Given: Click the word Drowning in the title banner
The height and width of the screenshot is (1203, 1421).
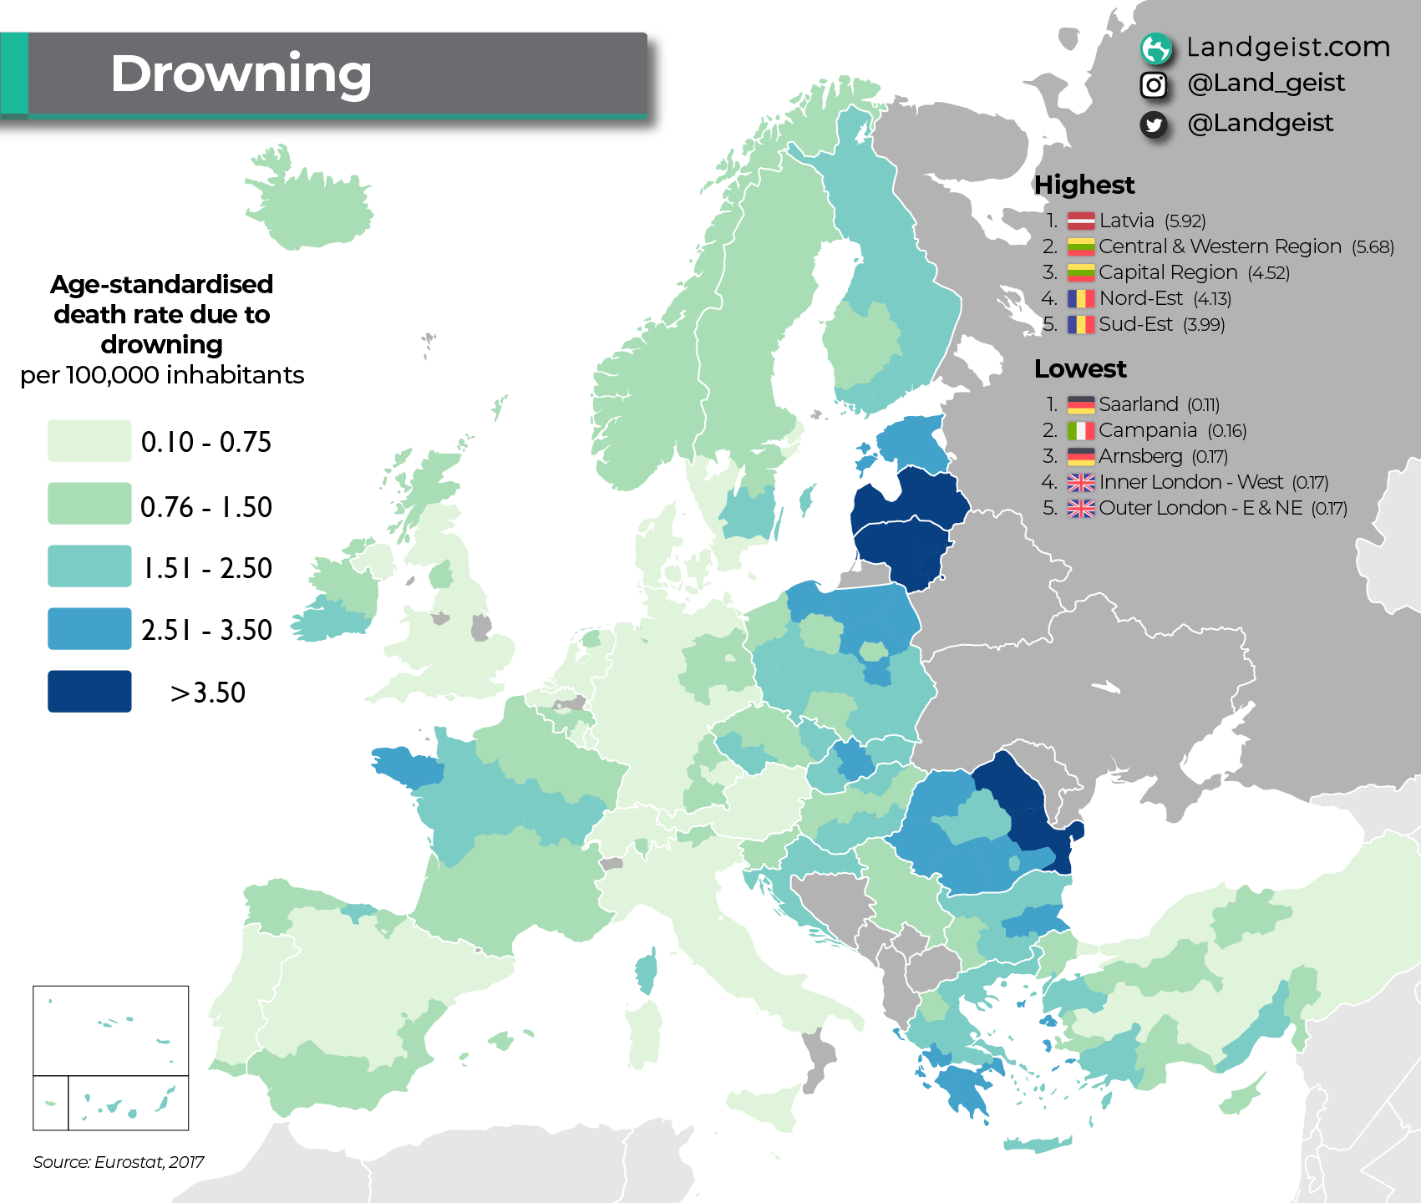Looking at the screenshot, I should pyautogui.click(x=241, y=74).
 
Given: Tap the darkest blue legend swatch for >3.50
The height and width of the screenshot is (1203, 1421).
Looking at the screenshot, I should pyautogui.click(x=89, y=691).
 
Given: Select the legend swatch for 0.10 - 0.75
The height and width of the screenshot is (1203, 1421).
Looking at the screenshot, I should pyautogui.click(x=89, y=441).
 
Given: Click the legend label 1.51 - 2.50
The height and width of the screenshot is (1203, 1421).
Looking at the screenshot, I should pyautogui.click(x=207, y=568).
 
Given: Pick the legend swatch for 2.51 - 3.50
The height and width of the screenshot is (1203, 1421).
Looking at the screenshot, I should pyautogui.click(x=89, y=629).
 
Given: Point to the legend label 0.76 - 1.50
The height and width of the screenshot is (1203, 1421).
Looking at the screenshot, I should pyautogui.click(x=206, y=507).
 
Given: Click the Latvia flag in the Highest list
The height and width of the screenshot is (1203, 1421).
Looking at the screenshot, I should pyautogui.click(x=1081, y=221).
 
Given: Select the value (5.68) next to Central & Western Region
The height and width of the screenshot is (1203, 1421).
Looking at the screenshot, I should pyautogui.click(x=1373, y=247).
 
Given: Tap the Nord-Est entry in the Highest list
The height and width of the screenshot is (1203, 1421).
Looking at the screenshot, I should pyautogui.click(x=1140, y=298).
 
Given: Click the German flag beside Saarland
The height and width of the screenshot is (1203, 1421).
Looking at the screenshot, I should pyautogui.click(x=1081, y=405).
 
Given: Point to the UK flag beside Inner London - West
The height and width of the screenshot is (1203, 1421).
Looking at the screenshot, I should pyautogui.click(x=1081, y=483).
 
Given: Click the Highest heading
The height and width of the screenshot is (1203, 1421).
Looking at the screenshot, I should pyautogui.click(x=1084, y=185).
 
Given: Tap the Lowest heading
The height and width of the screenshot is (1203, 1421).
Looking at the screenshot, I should pyautogui.click(x=1080, y=368).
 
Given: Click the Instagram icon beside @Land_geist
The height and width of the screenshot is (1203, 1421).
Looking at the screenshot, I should pyautogui.click(x=1154, y=84).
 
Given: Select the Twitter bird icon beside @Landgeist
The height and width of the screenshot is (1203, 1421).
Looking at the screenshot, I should pyautogui.click(x=1154, y=124).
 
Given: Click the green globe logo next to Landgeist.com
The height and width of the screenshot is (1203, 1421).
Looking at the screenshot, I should pyautogui.click(x=1156, y=48).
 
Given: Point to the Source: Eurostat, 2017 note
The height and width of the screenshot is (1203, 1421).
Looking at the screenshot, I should pyautogui.click(x=119, y=1162).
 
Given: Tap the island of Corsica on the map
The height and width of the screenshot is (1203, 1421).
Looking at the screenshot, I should pyautogui.click(x=646, y=972).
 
